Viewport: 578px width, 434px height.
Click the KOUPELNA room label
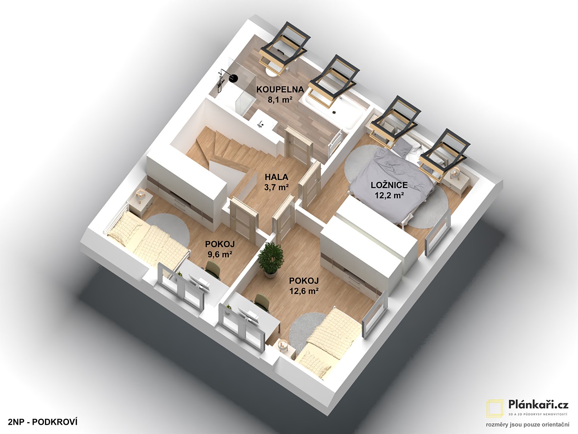(280, 90)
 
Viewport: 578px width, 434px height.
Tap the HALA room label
(277, 177)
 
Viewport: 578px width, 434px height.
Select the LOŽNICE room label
(389, 185)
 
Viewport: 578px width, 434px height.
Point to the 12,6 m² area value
(304, 291)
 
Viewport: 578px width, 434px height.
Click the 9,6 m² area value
(220, 254)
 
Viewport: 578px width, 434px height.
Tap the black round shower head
(233, 78)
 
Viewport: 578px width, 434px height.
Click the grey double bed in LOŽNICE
(392, 184)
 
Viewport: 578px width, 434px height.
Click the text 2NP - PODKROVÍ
(43, 422)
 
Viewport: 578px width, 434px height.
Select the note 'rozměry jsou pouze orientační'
(527, 424)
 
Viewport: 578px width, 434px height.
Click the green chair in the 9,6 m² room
(212, 269)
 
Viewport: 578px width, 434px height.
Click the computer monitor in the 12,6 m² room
(248, 317)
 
